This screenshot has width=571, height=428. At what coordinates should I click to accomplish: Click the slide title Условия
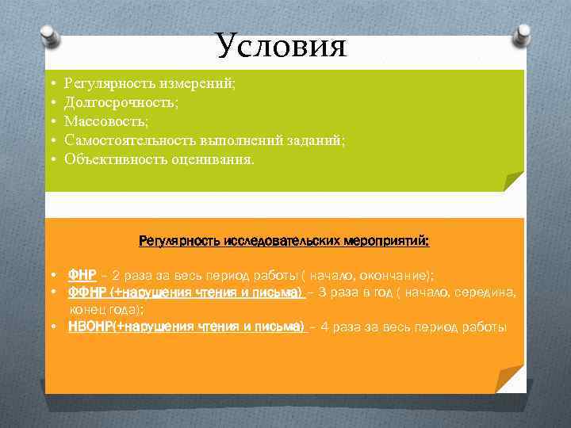[281, 46]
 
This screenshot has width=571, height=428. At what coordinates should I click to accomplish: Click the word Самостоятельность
[125, 140]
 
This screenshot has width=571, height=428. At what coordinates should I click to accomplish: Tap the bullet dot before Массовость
[52, 121]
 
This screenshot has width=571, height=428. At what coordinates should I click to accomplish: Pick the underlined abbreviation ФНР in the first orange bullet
[82, 275]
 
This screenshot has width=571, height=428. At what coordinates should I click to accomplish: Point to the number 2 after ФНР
[117, 275]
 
